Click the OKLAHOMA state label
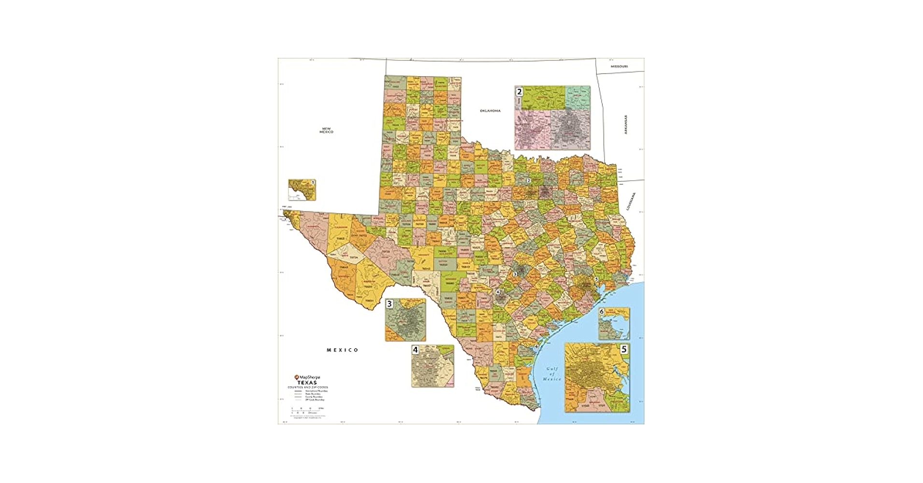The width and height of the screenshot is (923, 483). pos(490,111)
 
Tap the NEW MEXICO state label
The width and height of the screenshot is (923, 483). pos(327,129)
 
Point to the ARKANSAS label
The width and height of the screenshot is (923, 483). pos(625,125)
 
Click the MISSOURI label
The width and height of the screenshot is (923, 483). pos(619,66)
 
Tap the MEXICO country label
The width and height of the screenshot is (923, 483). pos(342,350)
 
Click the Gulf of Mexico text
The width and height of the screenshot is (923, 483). pos(552,374)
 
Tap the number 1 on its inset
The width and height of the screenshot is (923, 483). pos(313,183)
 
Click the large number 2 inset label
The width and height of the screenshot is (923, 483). pos(519,91)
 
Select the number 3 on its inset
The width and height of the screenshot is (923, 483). pos(389,304)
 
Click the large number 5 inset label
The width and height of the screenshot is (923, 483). pos(624,349)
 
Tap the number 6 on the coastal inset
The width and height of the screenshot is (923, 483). pos(602,312)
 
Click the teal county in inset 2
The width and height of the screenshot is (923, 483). pos(578,97)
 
